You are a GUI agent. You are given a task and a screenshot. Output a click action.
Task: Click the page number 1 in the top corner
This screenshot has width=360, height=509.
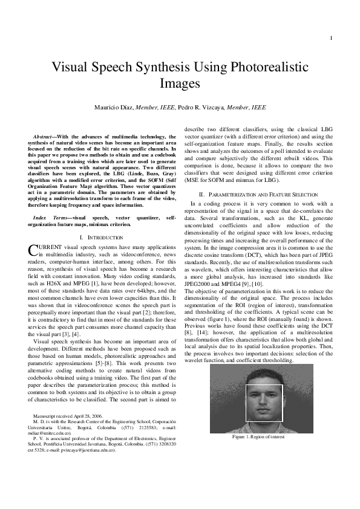[x=332, y=40]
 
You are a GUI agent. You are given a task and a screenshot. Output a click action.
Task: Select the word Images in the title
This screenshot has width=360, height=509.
[x=180, y=82]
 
